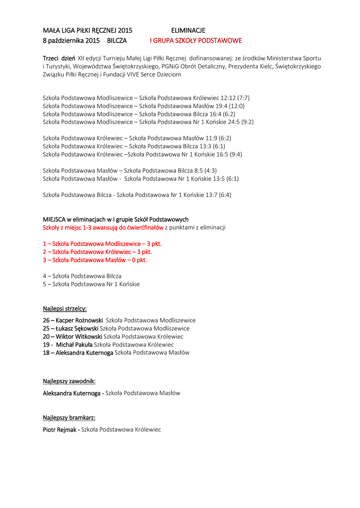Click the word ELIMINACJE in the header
click(x=188, y=31)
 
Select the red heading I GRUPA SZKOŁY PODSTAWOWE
click(x=196, y=40)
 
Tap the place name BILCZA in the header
click(x=117, y=40)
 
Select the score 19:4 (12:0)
click(x=226, y=106)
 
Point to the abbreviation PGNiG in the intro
click(x=170, y=66)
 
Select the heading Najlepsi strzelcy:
click(x=65, y=309)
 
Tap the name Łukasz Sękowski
click(x=77, y=328)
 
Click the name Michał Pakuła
click(x=74, y=344)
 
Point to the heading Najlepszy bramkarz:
click(x=69, y=418)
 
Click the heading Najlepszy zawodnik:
click(x=69, y=381)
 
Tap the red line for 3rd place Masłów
click(x=95, y=259)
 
